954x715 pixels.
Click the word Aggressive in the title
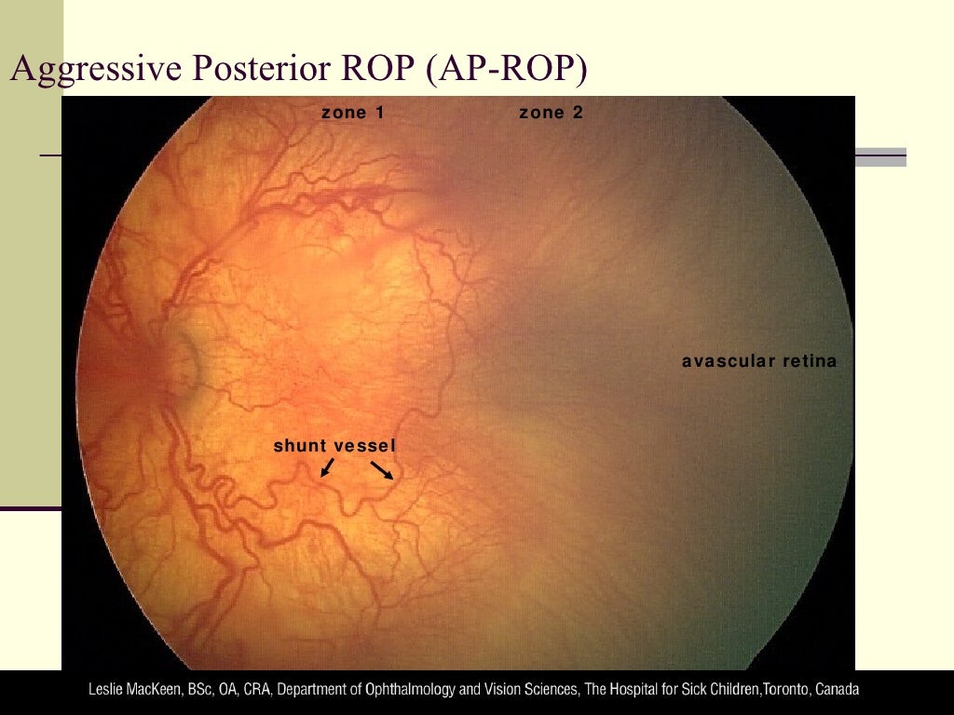pyautogui.click(x=80, y=71)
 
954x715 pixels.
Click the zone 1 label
pyautogui.click(x=353, y=113)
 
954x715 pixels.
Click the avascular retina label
pyautogui.click(x=759, y=361)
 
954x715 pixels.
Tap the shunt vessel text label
pyautogui.click(x=334, y=446)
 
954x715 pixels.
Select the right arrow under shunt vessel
pyautogui.click(x=383, y=470)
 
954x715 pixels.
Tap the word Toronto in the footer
pyautogui.click(x=785, y=691)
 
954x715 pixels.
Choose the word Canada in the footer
pyautogui.click(x=837, y=691)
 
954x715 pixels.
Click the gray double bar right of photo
pyautogui.click(x=880, y=157)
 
